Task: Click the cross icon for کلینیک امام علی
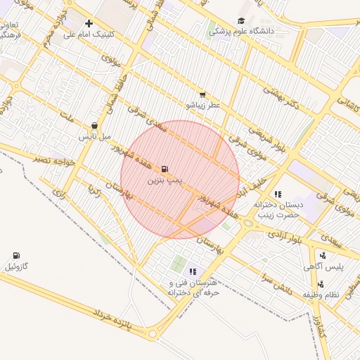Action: coord(89,23)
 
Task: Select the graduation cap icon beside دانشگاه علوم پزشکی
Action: coord(241,21)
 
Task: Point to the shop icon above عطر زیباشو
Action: coord(202,94)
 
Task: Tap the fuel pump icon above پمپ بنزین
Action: coord(165,169)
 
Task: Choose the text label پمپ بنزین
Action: coord(165,181)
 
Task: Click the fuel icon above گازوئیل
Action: coord(16,255)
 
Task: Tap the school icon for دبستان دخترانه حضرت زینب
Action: coord(278,194)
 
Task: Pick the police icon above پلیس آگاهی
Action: coord(322,256)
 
